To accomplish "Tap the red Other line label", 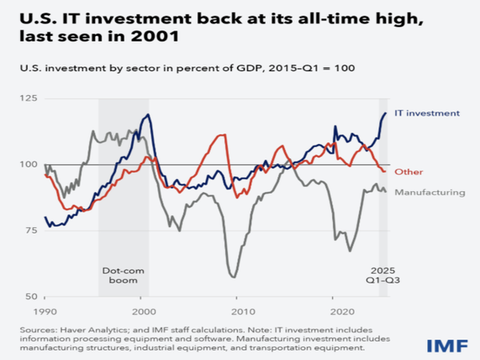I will (408, 172).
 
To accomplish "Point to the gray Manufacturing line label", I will (430, 192).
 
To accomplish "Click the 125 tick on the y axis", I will (30, 98).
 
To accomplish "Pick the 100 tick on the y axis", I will (30, 165).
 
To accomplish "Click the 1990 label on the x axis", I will (45, 310).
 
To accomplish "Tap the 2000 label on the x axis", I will (142, 310).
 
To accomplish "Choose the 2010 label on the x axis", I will (239, 310).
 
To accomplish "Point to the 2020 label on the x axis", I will (336, 310).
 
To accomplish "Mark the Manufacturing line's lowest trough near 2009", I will (233, 277).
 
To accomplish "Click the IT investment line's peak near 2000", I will (148, 115).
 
